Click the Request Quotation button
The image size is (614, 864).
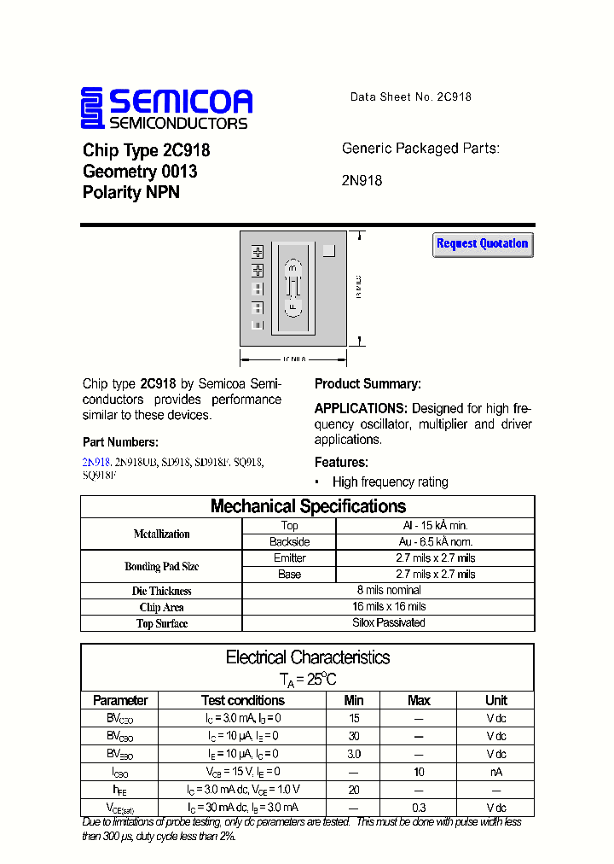pos(483,244)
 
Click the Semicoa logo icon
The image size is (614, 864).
pos(91,108)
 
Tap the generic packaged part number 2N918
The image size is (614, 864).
pos(362,180)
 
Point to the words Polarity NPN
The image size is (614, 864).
pos(131,193)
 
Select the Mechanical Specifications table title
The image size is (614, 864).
pos(308,506)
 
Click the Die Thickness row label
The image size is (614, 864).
pos(161,591)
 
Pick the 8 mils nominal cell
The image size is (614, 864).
pos(389,590)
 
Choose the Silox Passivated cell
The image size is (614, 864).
pos(389,622)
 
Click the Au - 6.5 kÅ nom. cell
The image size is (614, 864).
pos(435,541)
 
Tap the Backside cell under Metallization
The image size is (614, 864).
pos(289,541)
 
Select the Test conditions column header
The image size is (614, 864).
pos(242,700)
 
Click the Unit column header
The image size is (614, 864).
pos(496,700)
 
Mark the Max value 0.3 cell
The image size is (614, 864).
pos(419,807)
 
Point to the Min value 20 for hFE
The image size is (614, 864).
pos(354,790)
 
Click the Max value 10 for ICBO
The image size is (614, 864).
pos(419,772)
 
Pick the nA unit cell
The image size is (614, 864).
pos(496,772)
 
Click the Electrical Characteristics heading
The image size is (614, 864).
pos(308,657)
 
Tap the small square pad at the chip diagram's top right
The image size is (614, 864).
pos(329,251)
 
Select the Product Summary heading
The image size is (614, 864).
pos(368,384)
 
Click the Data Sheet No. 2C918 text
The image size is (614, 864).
pos(410,97)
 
